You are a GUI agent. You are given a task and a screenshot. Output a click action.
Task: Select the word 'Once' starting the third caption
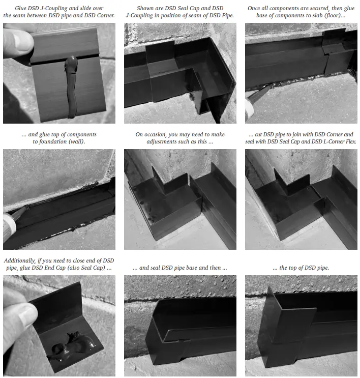tap(257, 9)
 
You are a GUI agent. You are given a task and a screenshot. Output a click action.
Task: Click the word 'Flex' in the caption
tap(350, 141)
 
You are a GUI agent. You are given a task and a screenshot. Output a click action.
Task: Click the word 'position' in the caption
tap(173, 15)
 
